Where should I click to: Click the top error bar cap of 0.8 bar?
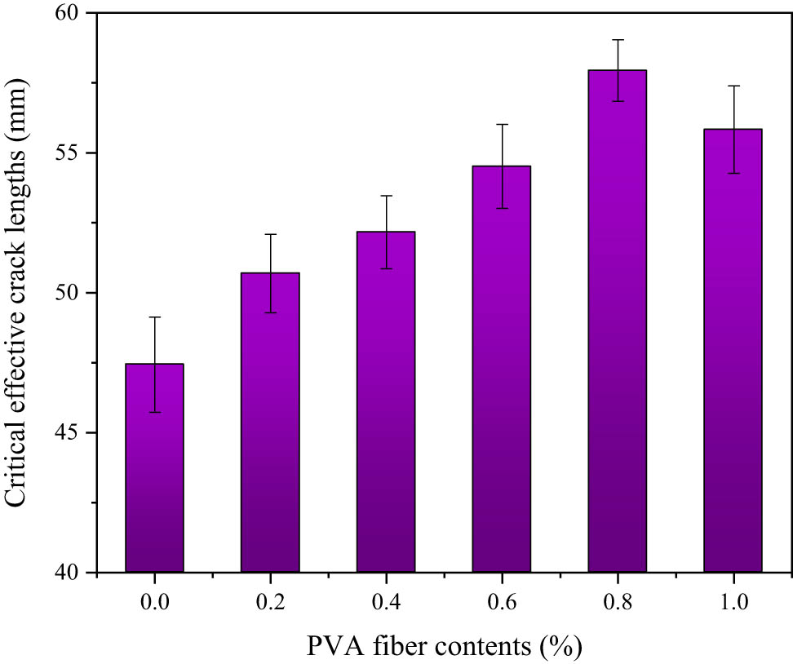point(618,40)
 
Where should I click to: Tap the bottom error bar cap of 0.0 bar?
point(154,412)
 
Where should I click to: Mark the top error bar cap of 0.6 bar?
point(502,125)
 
